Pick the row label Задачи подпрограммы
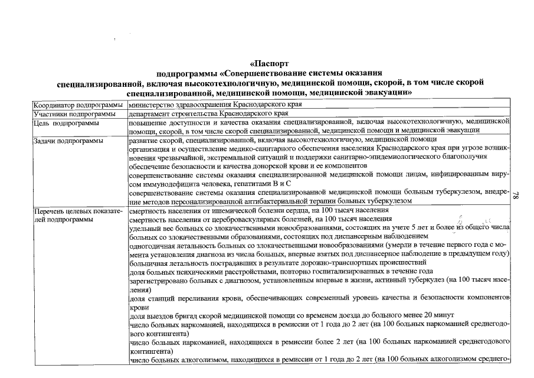pyautogui.click(x=68, y=141)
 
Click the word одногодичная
pyautogui.click(x=152, y=245)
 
